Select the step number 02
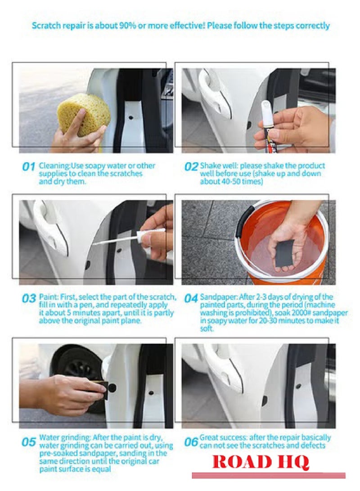191,167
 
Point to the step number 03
29,298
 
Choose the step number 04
191,298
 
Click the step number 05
28,442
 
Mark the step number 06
191,442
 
